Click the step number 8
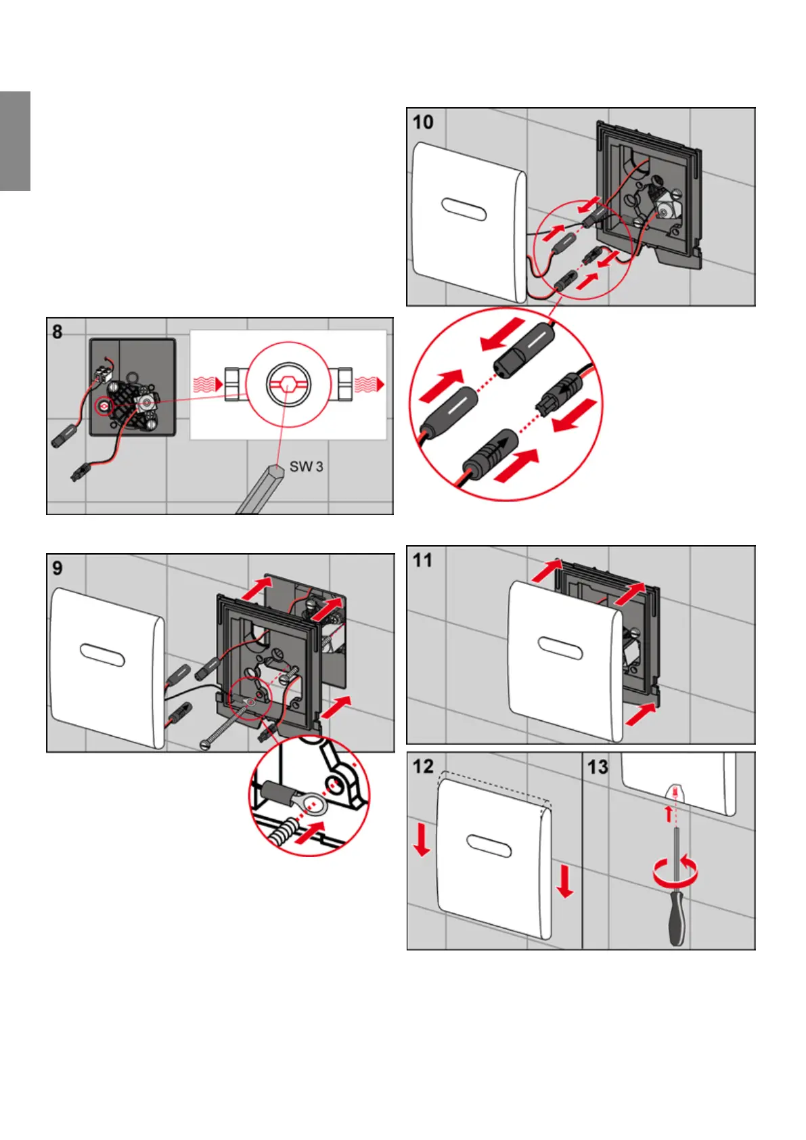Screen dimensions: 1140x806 [x=58, y=332]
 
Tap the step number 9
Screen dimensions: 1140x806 [x=58, y=568]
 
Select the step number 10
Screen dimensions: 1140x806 [x=423, y=123]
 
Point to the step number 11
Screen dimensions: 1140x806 [x=422, y=561]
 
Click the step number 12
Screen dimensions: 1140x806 [x=423, y=766]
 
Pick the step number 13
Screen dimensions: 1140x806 [x=598, y=767]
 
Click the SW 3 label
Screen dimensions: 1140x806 [x=306, y=466]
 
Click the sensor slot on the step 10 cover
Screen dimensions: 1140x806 [x=464, y=209]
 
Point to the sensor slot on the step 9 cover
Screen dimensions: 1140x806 [x=102, y=655]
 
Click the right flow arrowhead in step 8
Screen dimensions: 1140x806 [x=380, y=385]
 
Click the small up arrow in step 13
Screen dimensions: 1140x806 [x=669, y=813]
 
